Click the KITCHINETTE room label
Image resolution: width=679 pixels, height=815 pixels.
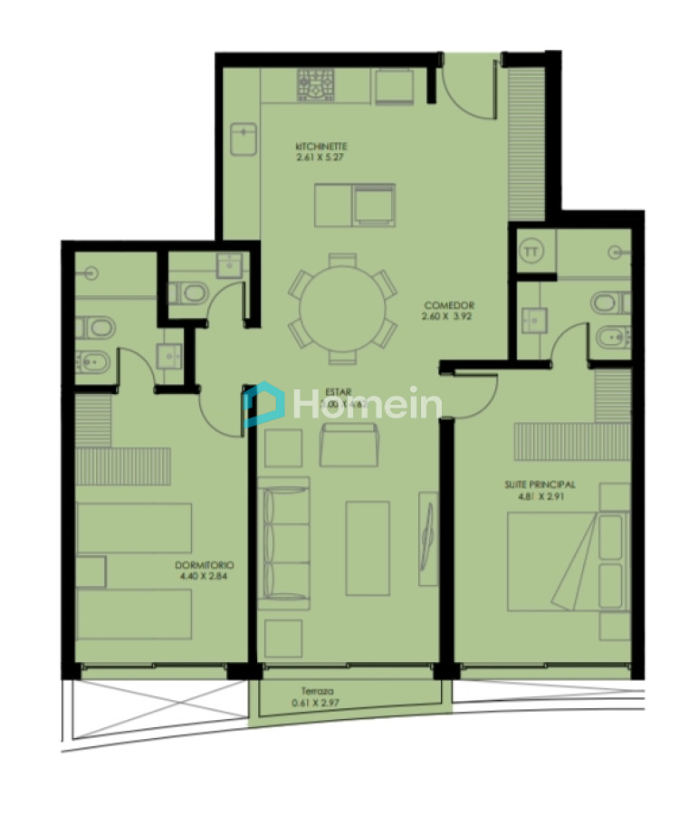point(321,146)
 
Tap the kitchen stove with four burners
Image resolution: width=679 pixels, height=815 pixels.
point(317,87)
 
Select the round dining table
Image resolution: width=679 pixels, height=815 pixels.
point(342,306)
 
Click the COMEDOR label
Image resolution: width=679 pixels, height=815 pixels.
point(448,306)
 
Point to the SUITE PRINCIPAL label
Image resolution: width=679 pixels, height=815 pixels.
point(540,485)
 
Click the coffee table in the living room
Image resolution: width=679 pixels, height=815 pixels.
point(368,548)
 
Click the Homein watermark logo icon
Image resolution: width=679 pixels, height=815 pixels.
point(263,403)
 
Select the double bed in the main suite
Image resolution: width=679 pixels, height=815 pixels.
point(567,561)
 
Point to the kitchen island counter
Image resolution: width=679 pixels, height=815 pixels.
point(355,205)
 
